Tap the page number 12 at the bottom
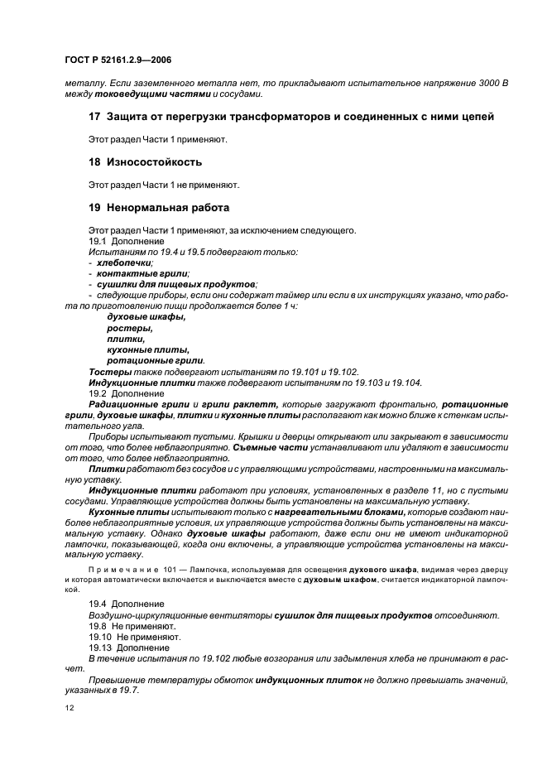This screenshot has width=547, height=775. (68, 708)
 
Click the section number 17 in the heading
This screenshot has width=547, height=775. (94, 117)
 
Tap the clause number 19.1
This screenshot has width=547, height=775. (98, 240)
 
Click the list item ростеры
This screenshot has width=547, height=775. (125, 328)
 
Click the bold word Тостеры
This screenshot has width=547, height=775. (108, 371)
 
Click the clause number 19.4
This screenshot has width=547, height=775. (98, 604)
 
